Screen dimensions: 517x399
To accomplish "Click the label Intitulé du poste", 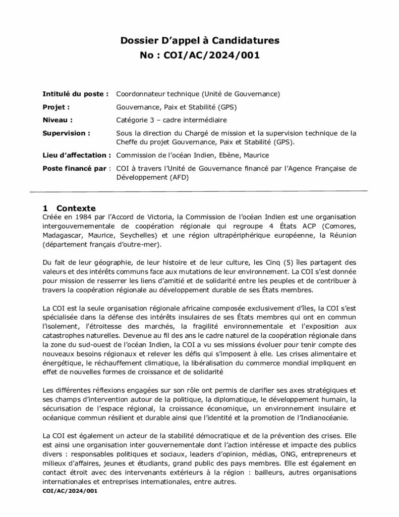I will point(76,94).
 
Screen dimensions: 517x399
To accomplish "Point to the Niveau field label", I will point(58,120).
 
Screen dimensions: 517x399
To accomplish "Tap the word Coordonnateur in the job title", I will point(143,94).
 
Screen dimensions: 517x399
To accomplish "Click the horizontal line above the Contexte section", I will point(199,191).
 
